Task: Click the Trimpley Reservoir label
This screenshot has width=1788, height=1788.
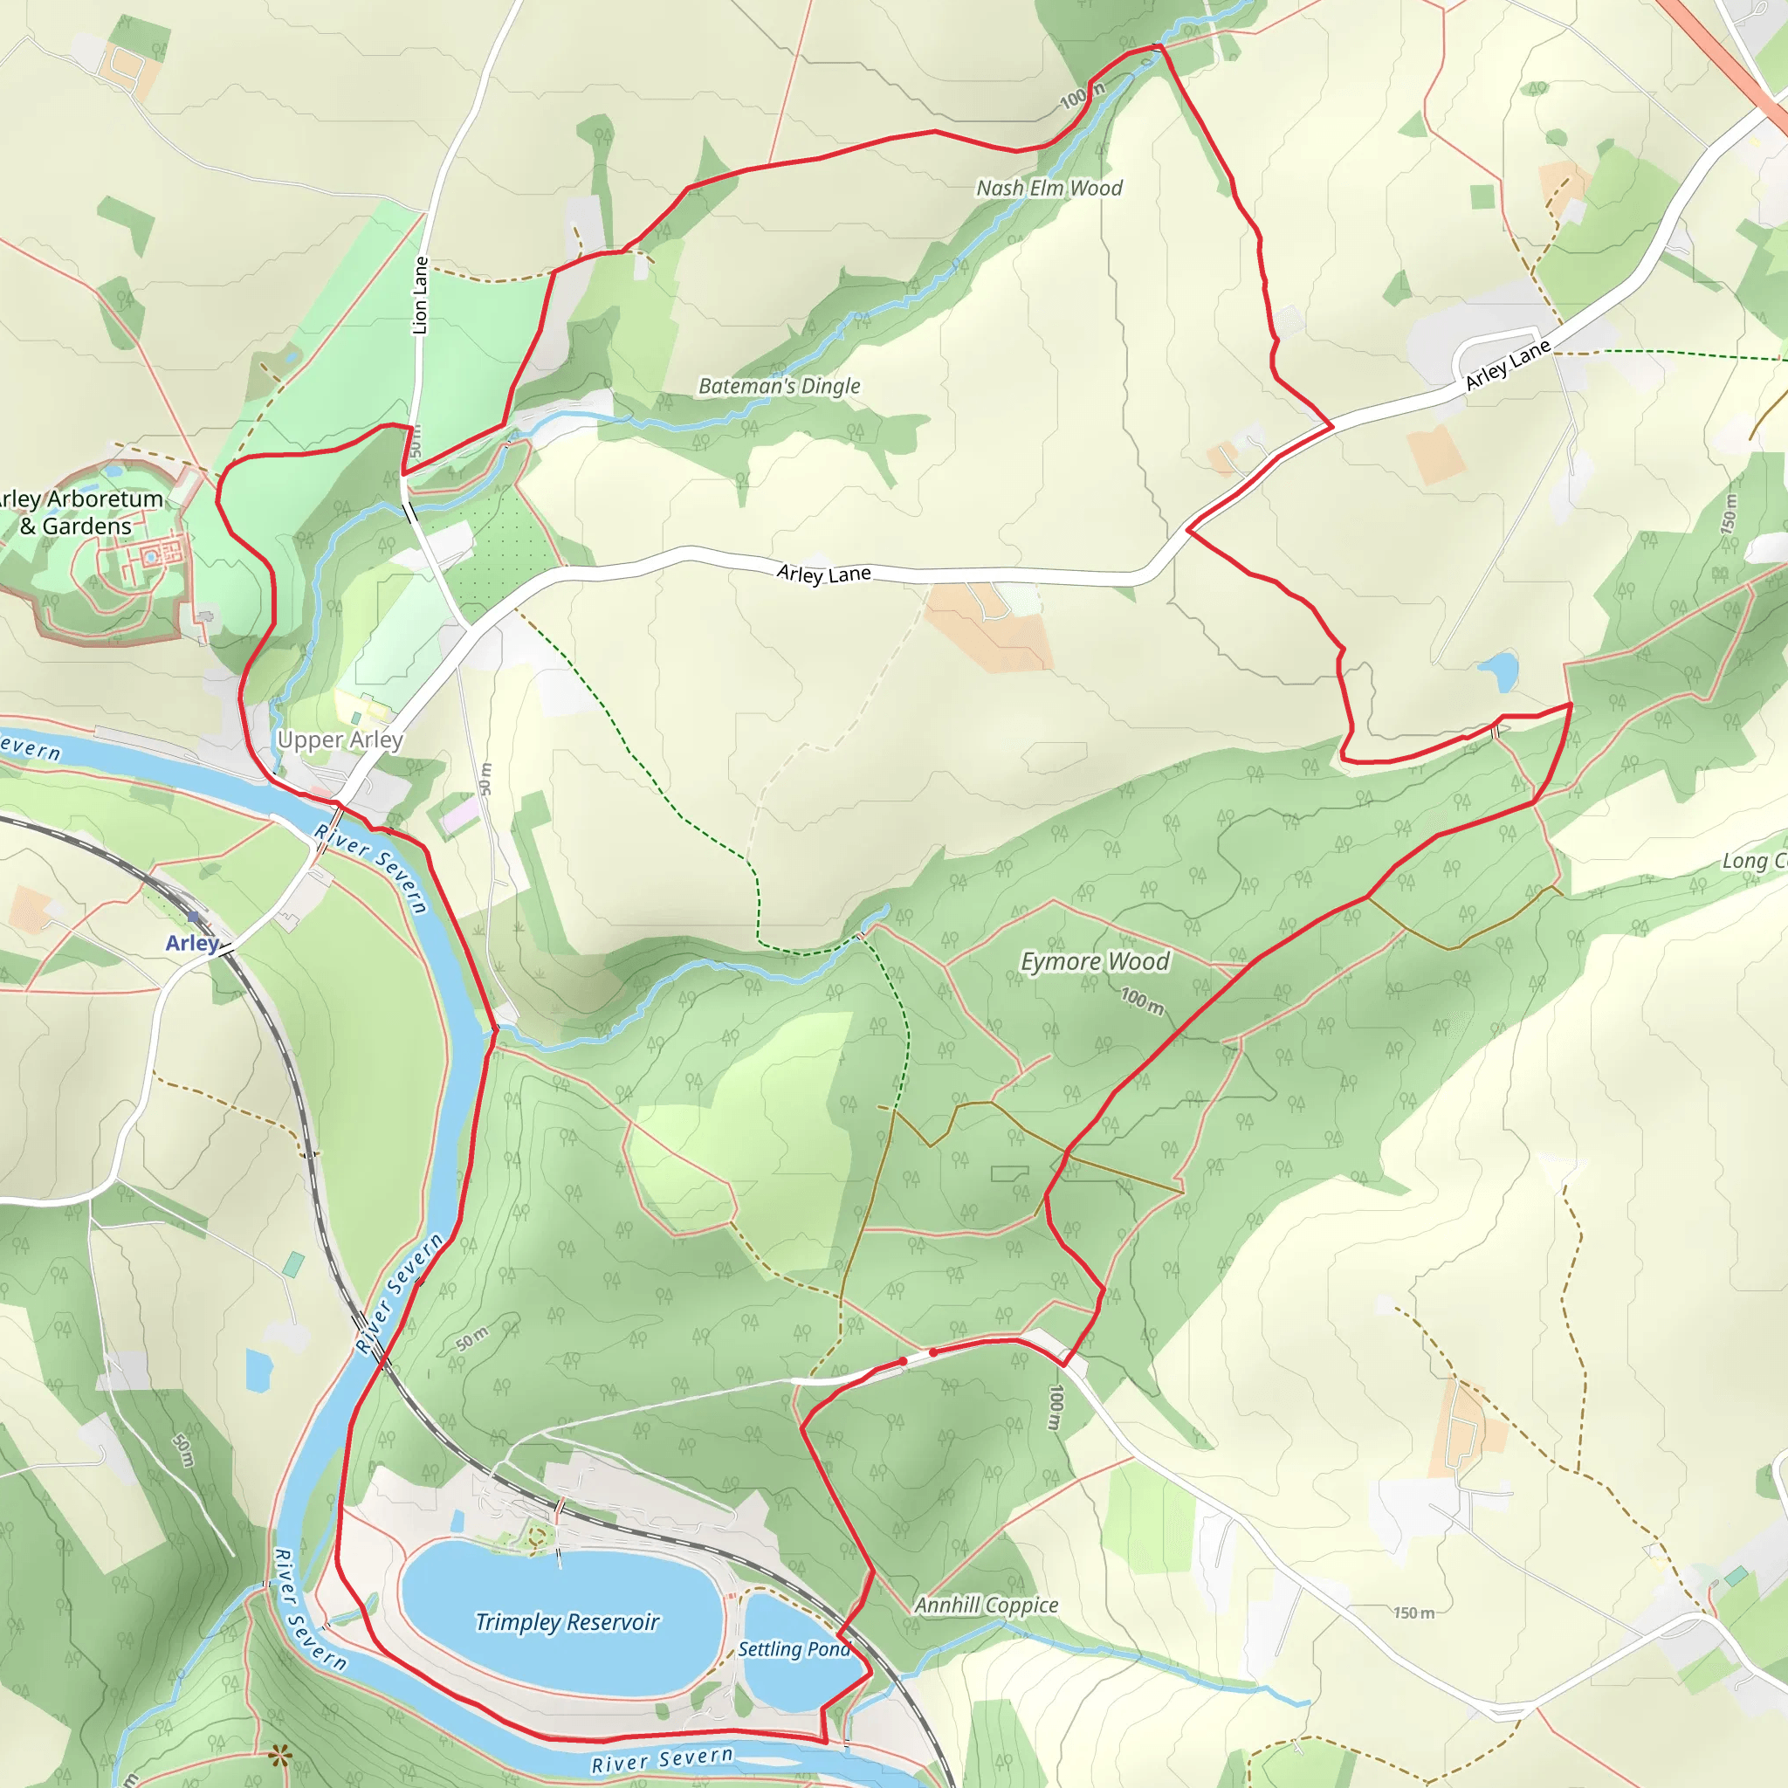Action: [x=567, y=1622]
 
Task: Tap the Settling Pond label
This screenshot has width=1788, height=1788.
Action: [x=793, y=1649]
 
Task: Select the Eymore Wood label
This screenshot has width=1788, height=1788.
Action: [x=1094, y=961]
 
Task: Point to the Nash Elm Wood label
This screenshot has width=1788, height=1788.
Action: [x=1049, y=188]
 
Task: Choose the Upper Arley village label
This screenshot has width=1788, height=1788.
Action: [x=340, y=739]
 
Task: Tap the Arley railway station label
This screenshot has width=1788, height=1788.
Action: [x=191, y=942]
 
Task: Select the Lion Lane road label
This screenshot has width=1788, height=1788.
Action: [x=420, y=295]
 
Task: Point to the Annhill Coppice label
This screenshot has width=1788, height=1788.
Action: [x=986, y=1606]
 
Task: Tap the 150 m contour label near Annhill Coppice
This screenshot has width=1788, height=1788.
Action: [x=1413, y=1613]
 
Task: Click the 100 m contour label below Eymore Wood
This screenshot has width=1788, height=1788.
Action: [x=1142, y=1001]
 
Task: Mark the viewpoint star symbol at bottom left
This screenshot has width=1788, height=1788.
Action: [x=280, y=1754]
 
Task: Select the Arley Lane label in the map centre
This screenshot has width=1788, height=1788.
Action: [x=823, y=574]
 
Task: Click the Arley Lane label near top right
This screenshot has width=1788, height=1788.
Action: [x=1507, y=365]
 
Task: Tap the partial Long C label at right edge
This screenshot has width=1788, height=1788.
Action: [x=1753, y=861]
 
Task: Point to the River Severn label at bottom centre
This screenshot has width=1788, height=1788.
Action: [x=662, y=1759]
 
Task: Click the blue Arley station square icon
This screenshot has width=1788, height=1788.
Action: [x=192, y=916]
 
